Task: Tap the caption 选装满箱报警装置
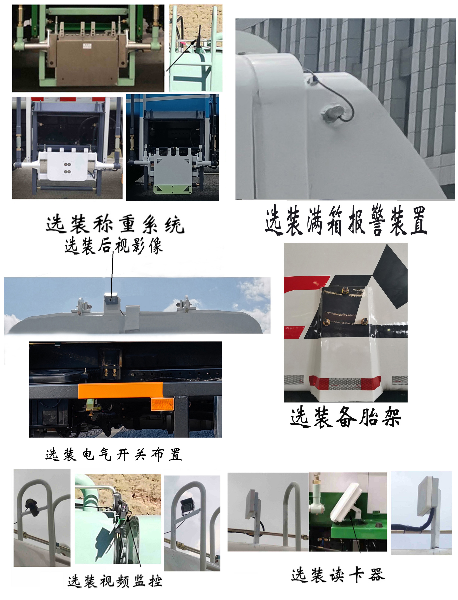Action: click(x=346, y=220)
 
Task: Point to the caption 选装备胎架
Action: click(x=345, y=417)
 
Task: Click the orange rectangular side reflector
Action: click(x=162, y=404)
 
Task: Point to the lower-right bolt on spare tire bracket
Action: click(x=364, y=321)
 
